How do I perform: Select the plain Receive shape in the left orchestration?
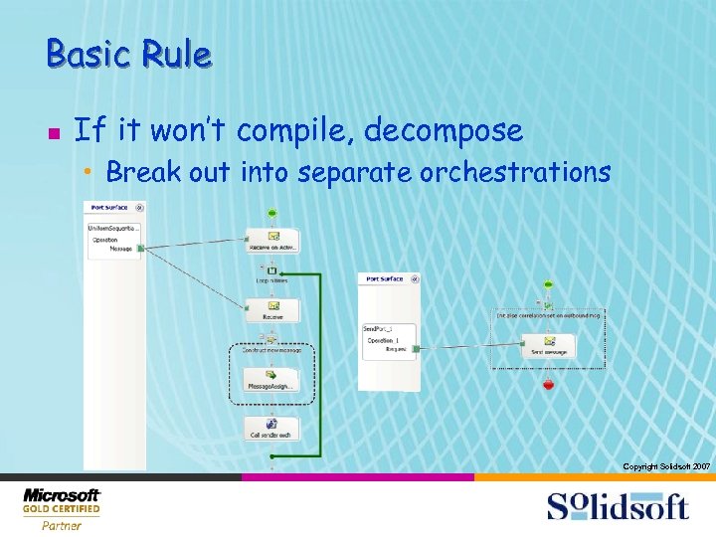tap(271, 310)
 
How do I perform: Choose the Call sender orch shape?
tap(271, 429)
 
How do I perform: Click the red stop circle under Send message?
tap(548, 383)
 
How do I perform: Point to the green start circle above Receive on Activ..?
tap(271, 213)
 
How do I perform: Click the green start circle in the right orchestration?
tap(548, 284)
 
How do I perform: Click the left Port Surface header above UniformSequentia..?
tap(109, 208)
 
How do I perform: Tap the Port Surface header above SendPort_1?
tap(385, 279)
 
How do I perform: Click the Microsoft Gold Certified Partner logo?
tap(62, 508)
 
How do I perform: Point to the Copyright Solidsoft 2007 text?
tap(665, 466)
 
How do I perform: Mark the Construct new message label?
tap(270, 351)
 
